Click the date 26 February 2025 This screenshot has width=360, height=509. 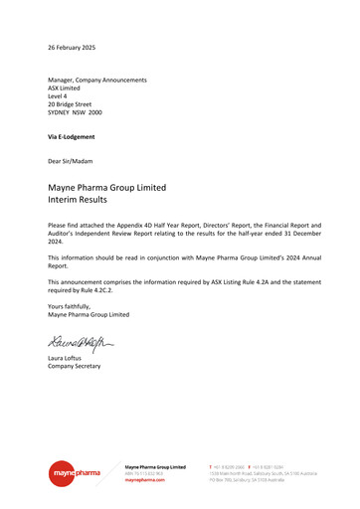tap(71, 48)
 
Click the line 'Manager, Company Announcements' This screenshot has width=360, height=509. tap(97, 80)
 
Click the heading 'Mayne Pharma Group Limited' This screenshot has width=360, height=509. tap(106, 187)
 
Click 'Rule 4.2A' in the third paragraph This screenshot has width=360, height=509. tap(247, 282)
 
